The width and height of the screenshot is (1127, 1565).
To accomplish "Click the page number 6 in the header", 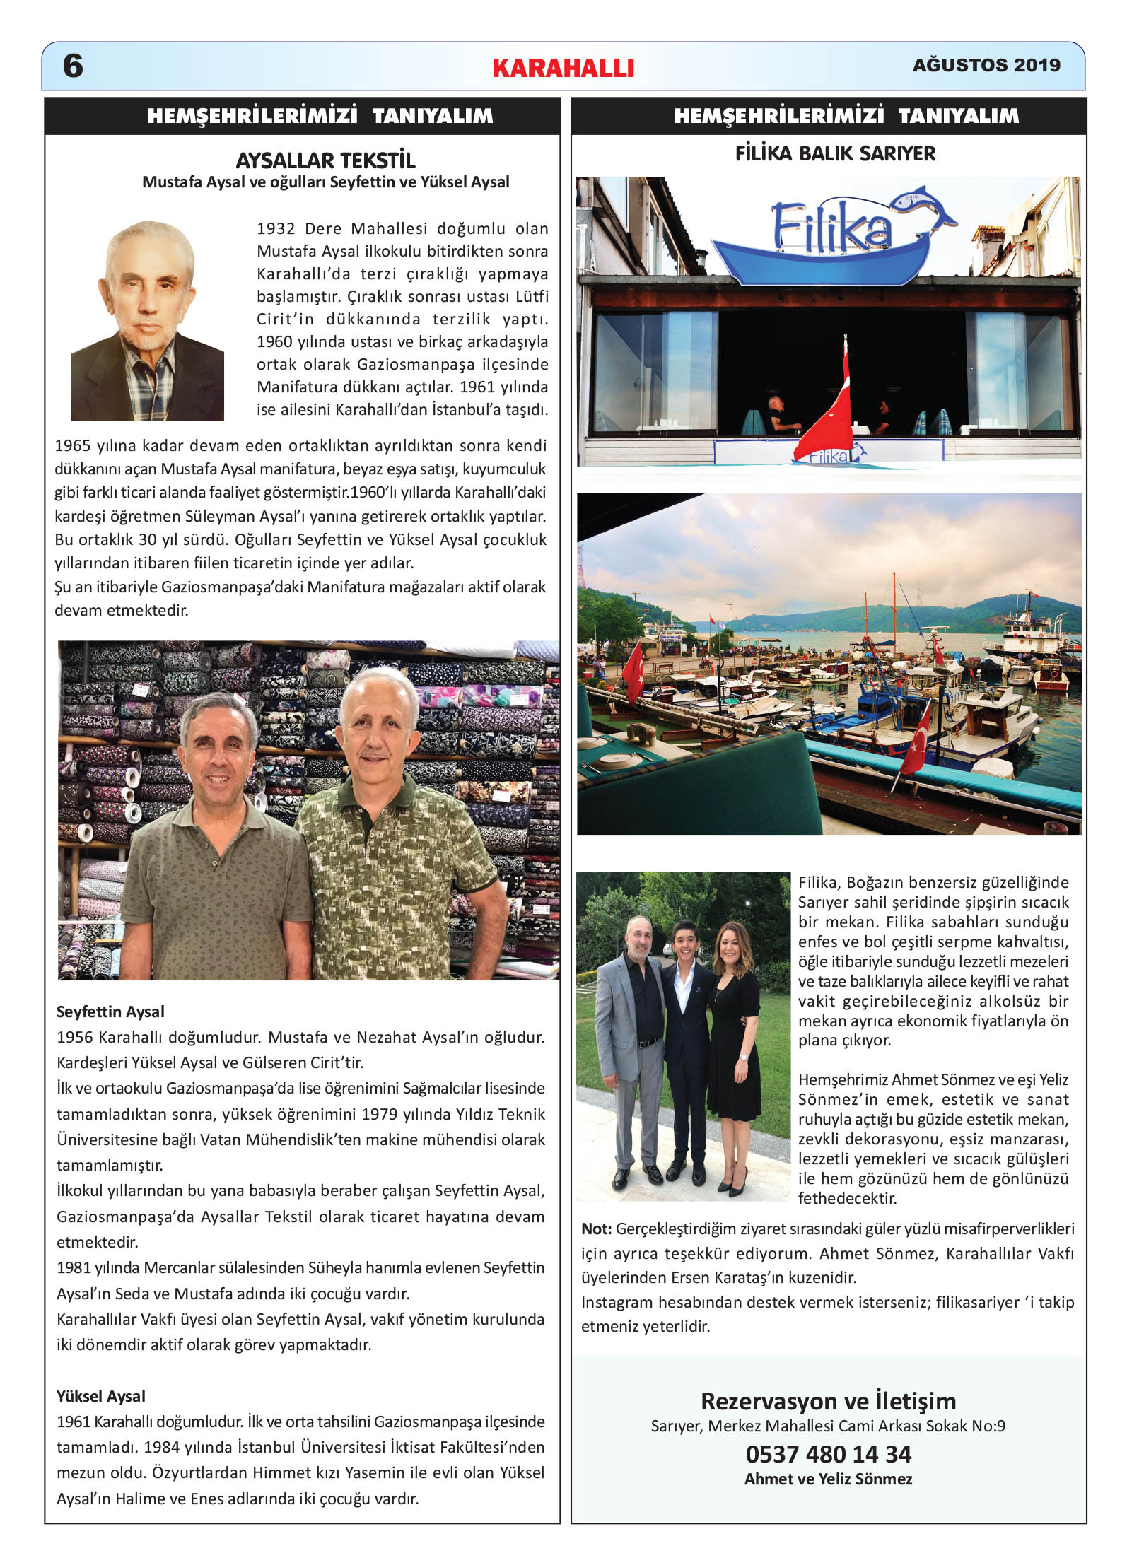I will tap(73, 66).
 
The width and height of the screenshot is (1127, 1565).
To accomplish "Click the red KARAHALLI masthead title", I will tap(563, 68).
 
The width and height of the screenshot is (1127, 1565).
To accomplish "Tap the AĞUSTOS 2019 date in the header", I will tap(986, 65).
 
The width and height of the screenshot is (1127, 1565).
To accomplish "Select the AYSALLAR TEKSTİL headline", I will tap(325, 160).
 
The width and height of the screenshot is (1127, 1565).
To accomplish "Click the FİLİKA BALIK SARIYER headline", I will tap(835, 153).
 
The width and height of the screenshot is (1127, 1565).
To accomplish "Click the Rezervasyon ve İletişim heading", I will tap(828, 1400).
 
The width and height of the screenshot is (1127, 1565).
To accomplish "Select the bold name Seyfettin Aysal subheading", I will tap(110, 1012).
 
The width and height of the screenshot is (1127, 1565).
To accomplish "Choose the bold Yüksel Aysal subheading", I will tap(101, 1396).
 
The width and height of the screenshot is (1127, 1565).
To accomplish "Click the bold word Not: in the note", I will tap(596, 1229).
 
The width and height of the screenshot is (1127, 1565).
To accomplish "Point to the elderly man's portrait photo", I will tap(147, 322).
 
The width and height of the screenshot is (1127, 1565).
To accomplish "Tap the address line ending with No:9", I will tap(828, 1426).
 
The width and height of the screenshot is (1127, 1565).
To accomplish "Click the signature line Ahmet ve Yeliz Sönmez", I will tap(828, 1479).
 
